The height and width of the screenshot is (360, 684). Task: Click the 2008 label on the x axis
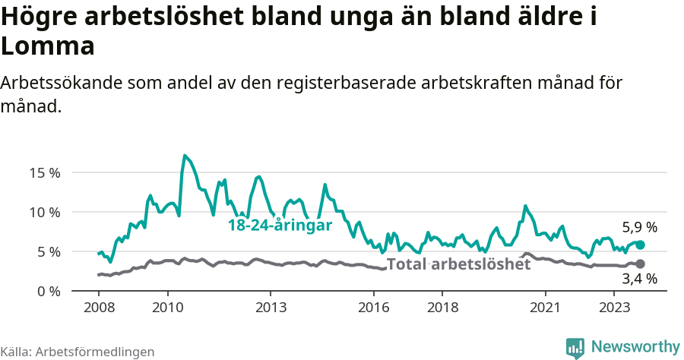coord(99,308)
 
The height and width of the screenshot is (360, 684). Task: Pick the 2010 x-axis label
coord(167,308)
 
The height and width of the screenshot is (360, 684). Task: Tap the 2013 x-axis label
coord(271,308)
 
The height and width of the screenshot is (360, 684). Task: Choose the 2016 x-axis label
coord(373,308)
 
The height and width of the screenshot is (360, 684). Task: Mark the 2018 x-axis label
coord(442,308)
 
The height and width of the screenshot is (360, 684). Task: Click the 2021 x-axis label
coord(545,308)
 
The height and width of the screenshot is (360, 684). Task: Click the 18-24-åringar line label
coord(280,226)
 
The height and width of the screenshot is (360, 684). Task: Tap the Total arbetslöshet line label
coord(458,264)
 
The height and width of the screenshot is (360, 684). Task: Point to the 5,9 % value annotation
coord(639,227)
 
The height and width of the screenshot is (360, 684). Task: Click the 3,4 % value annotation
coord(639,279)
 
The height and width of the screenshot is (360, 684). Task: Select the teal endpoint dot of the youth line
coord(640,245)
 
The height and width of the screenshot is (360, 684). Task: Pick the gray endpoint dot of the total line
coord(640,264)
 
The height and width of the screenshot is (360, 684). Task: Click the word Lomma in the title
coord(47,46)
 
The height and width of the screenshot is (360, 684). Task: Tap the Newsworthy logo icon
coord(575,347)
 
